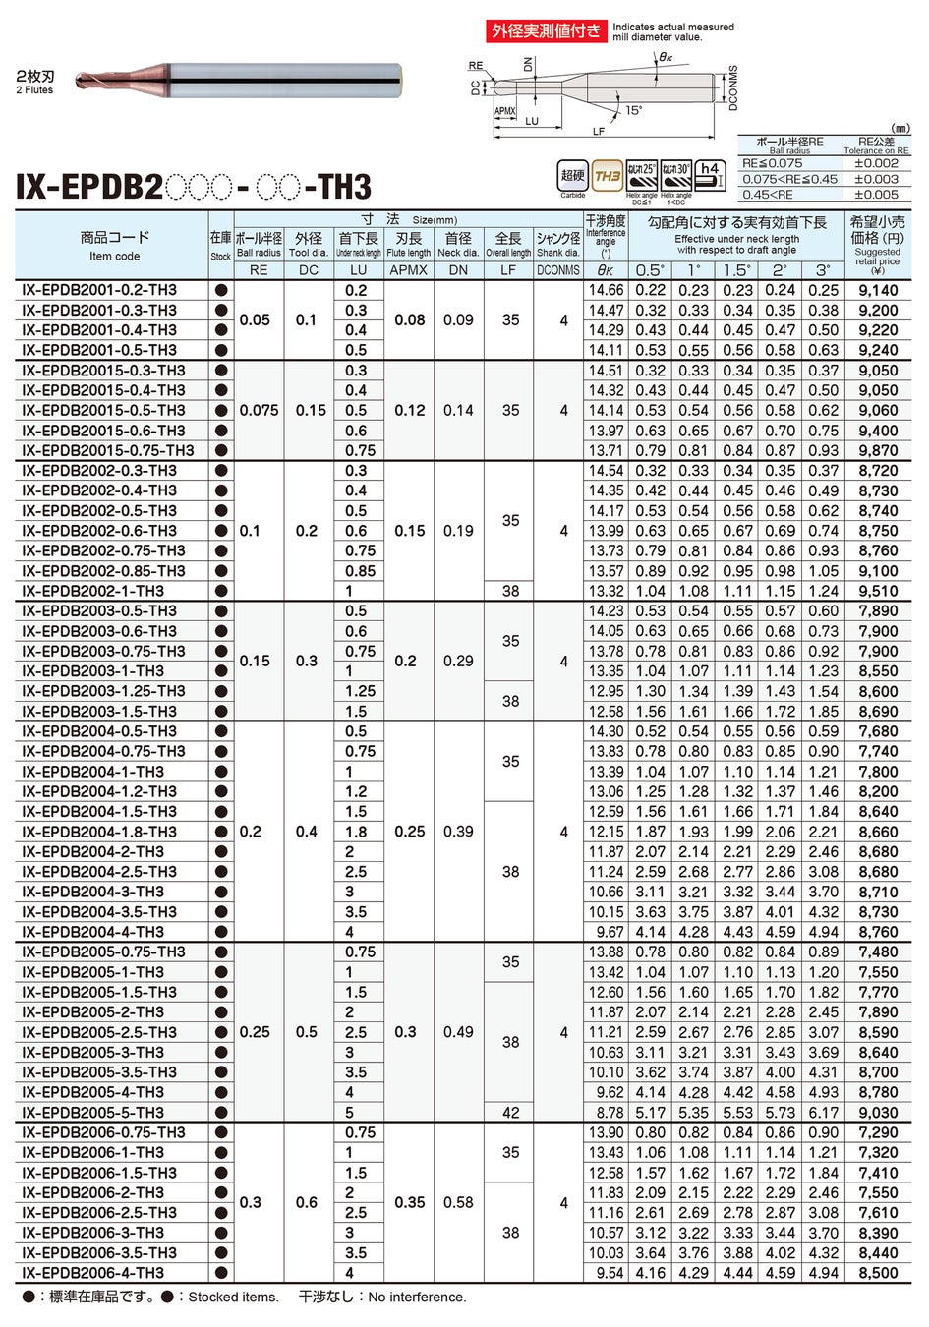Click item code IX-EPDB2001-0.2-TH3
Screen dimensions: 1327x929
[x=99, y=290]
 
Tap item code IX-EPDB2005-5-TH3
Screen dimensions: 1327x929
[x=93, y=1113]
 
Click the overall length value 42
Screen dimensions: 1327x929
[x=510, y=1113]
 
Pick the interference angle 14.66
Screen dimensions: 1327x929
[x=606, y=290]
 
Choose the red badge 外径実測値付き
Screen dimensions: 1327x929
[x=547, y=30]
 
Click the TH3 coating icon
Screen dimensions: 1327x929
[x=608, y=176]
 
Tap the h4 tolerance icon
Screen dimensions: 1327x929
[x=710, y=175]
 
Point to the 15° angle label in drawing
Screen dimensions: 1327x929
[x=633, y=110]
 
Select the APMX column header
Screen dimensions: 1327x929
[x=408, y=270]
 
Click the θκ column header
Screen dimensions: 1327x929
[x=606, y=270]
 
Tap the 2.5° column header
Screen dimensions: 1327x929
[x=780, y=270]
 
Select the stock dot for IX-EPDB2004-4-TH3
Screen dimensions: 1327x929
[x=221, y=932]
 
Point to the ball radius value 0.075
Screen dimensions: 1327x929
[x=259, y=410]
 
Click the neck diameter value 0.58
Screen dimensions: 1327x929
[x=458, y=1202]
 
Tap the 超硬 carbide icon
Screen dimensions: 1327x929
[x=572, y=175]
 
